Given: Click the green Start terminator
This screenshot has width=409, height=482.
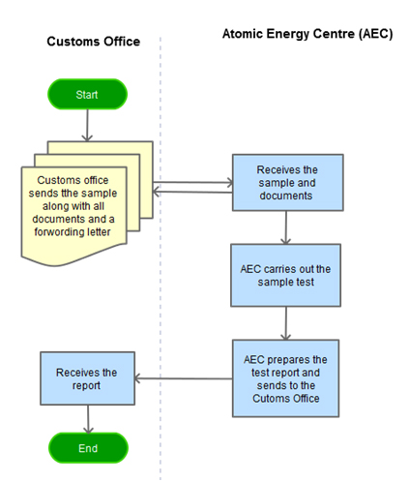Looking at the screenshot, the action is click(x=87, y=94).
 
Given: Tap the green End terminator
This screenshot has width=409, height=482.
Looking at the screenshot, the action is click(x=88, y=448).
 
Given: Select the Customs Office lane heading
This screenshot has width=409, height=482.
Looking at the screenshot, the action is click(x=94, y=42).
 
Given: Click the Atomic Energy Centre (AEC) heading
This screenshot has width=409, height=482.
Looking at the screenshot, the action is click(x=307, y=34).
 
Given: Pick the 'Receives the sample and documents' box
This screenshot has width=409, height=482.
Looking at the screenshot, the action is click(x=288, y=183).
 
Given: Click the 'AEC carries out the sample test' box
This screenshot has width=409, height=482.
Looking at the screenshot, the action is click(x=285, y=275).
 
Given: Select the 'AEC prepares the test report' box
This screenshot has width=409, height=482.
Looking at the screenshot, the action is click(x=285, y=378).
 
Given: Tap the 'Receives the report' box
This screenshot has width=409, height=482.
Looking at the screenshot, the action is click(x=87, y=378).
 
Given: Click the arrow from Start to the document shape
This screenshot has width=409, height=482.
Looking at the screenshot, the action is click(x=87, y=125).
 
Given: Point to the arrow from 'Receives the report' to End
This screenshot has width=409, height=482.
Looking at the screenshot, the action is click(x=88, y=419).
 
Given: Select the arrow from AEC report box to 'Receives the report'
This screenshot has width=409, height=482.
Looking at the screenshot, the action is click(x=183, y=378).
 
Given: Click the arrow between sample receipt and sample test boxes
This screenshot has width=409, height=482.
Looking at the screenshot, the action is click(x=286, y=227).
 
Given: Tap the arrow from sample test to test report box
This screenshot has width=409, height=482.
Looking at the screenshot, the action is click(x=286, y=323).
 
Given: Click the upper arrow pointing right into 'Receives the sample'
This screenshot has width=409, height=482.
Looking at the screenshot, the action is click(x=192, y=183).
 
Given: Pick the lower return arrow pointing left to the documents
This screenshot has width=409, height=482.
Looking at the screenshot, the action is click(x=192, y=193).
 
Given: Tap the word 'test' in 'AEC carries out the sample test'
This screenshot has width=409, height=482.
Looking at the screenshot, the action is click(x=306, y=282).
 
